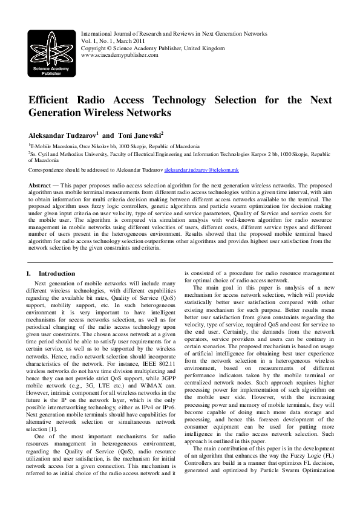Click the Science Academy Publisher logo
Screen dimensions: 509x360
pyautogui.click(x=50, y=52)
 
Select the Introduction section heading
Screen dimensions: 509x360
pyautogui.click(x=55, y=274)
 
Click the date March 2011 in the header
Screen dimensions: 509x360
pyautogui.click(x=120, y=41)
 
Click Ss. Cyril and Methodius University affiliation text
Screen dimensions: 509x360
pyautogui.click(x=67, y=155)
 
